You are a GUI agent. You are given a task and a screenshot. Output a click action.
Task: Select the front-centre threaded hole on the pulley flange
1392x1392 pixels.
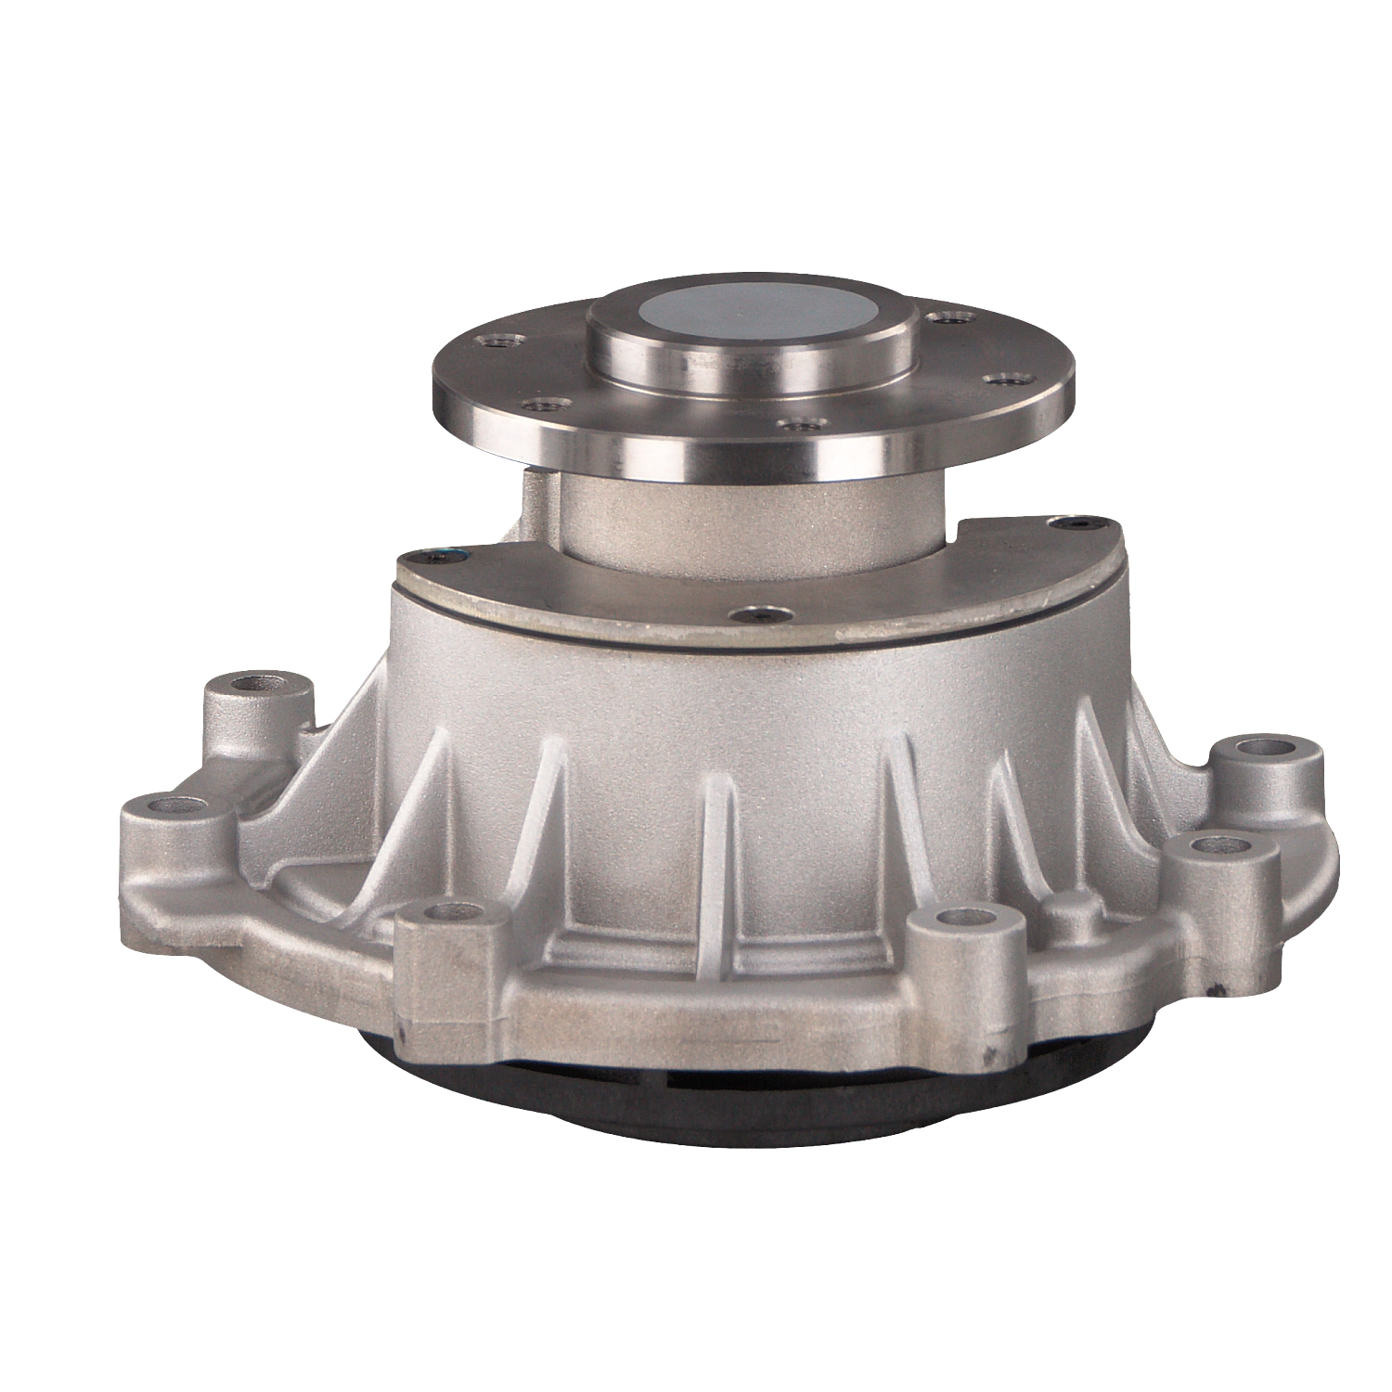(800, 424)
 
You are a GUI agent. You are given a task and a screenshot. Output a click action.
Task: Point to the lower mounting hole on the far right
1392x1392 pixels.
(1218, 844)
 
